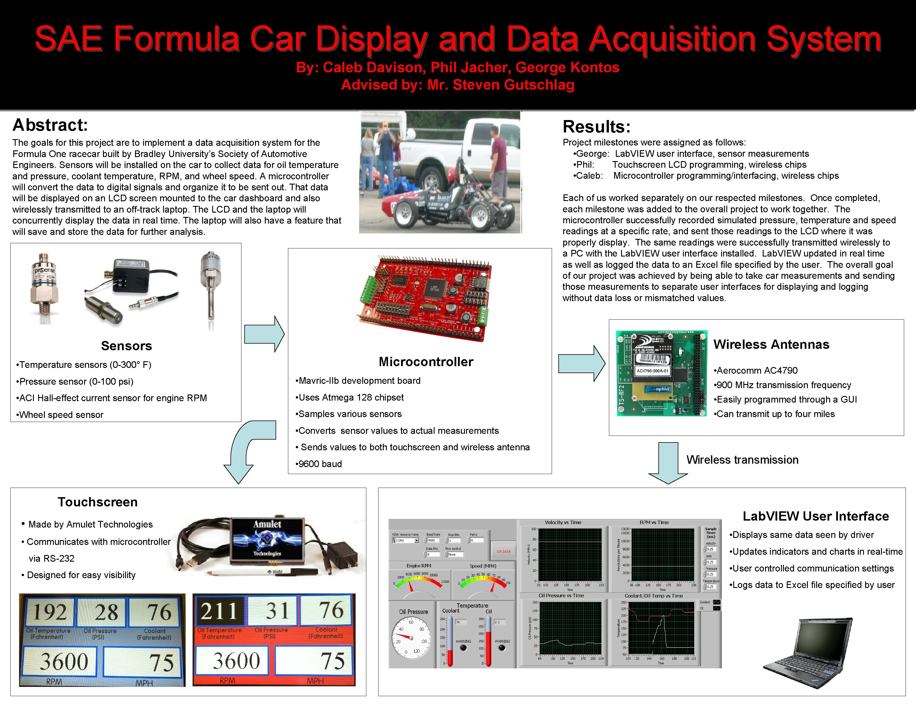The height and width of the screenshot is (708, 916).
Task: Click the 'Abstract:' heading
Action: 50,125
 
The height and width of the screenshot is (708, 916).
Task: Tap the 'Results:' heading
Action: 596,127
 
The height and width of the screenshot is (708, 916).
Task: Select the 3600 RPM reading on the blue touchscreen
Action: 64,661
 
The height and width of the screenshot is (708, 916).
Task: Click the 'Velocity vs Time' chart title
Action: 563,523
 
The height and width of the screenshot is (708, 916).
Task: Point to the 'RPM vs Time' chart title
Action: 654,523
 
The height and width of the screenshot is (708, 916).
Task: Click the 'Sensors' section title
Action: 126,346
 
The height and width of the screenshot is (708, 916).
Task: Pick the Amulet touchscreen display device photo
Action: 267,541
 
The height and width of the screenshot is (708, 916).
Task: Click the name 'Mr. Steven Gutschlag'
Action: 501,85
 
